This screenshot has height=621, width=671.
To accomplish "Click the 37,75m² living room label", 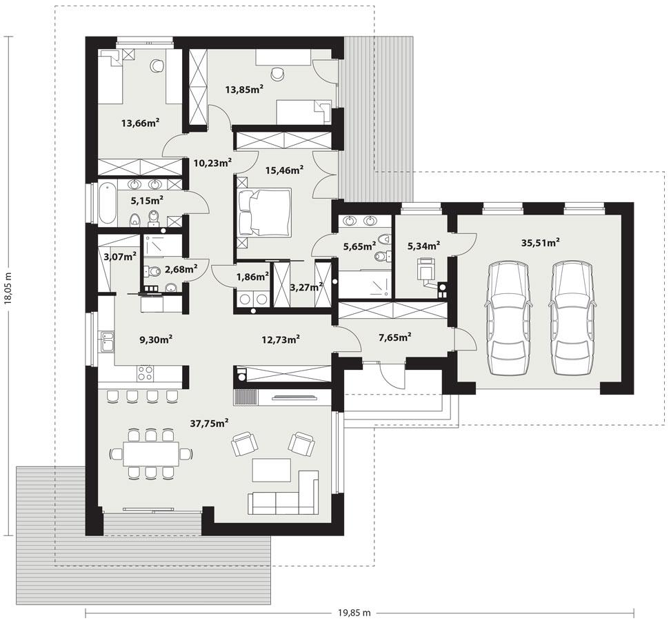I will point(210,423).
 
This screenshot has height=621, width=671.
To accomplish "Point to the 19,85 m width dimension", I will point(354,612).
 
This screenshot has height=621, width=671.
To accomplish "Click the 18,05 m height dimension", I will point(9,286).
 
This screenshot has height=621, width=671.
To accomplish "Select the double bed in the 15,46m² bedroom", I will point(264,212).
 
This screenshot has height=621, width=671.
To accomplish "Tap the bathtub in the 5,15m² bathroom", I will point(106,202).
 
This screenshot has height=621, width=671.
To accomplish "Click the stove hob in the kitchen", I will point(146,373).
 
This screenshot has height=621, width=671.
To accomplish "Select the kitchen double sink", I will point(108,342).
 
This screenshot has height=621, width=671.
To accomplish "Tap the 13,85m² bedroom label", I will point(246,88).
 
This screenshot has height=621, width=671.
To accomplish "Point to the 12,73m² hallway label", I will point(281,339).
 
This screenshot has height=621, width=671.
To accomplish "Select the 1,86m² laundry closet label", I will point(252,277).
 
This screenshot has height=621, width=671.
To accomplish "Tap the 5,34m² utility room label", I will point(423,245).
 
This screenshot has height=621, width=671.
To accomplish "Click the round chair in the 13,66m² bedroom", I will point(157,65).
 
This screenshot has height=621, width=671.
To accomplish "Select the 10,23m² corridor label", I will point(212,163).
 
